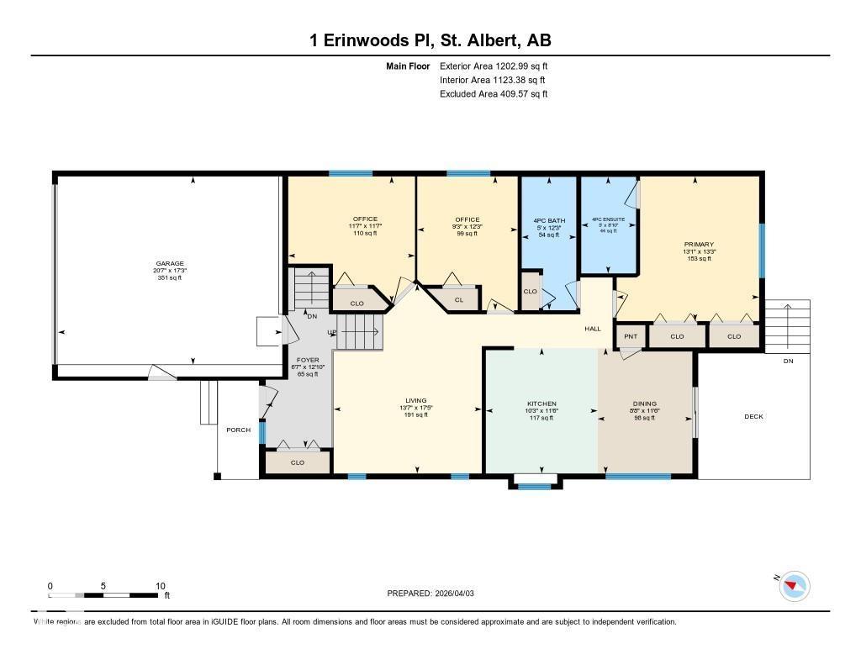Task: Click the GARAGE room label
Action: click(x=168, y=263)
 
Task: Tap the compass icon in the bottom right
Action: click(x=795, y=586)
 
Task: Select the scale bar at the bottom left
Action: click(x=104, y=595)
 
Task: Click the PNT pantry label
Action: click(x=631, y=337)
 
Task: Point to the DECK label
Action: click(x=753, y=416)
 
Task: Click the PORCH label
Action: click(x=238, y=430)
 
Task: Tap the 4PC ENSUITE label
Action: click(x=608, y=219)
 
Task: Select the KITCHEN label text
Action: click(x=541, y=404)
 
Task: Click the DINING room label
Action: click(x=645, y=404)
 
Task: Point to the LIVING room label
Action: click(x=415, y=400)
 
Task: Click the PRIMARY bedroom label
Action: click(x=699, y=244)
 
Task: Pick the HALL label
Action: click(x=593, y=329)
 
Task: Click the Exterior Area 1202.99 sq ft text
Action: click(x=494, y=66)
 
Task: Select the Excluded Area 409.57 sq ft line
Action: click(x=494, y=94)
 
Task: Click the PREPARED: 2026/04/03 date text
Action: click(x=436, y=593)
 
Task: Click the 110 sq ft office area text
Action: click(x=365, y=233)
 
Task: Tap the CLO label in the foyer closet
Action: click(x=297, y=462)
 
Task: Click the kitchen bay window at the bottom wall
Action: click(x=535, y=485)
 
